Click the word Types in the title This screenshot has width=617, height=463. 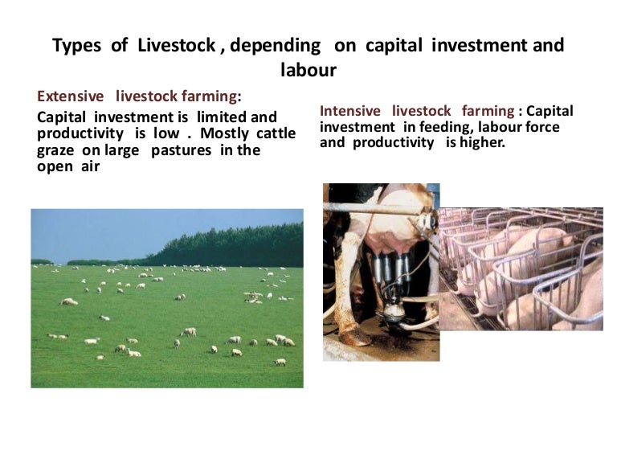click(x=78, y=46)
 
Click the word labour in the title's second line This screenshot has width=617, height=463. click(x=308, y=71)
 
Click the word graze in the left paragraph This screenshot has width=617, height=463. click(x=58, y=150)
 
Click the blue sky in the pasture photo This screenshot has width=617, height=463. click(x=121, y=229)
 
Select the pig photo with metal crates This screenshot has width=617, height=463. click(x=521, y=268)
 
